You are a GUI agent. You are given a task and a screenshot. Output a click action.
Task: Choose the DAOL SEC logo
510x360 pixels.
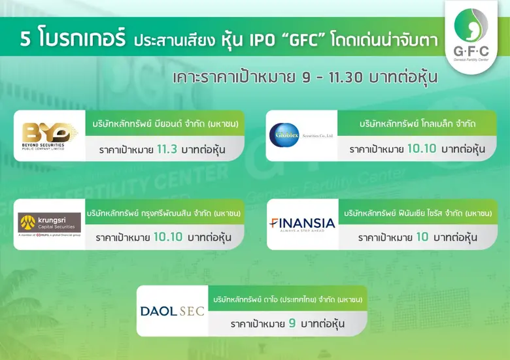pos(172,310)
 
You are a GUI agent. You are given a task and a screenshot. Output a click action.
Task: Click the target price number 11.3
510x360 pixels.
pos(167,150)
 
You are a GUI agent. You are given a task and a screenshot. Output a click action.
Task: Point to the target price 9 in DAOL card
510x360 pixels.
pos(294,323)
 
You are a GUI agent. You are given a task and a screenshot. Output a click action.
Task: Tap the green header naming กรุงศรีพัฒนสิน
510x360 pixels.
pos(165,212)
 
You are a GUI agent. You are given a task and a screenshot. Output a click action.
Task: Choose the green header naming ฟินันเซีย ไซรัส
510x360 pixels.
pos(417,212)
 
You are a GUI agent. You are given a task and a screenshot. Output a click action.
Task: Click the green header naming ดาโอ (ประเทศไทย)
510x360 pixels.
pos(288,299)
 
